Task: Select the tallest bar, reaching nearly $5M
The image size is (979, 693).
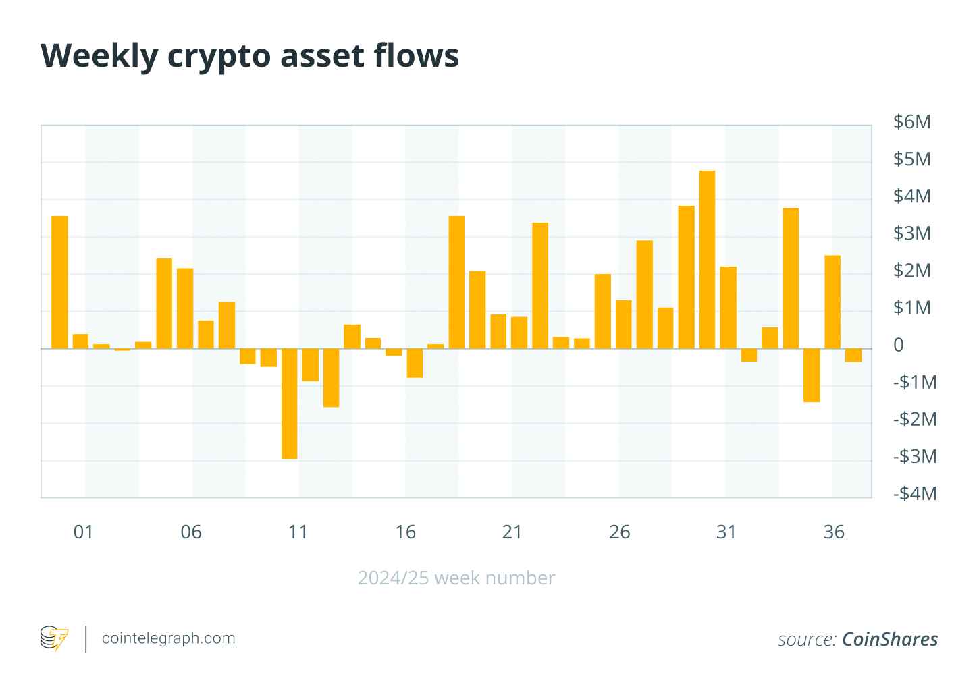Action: [707, 260]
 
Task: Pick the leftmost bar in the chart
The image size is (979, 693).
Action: [59, 282]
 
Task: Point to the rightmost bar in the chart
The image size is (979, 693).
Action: [853, 355]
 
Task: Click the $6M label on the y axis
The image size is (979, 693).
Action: [911, 122]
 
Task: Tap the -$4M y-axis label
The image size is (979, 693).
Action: [914, 494]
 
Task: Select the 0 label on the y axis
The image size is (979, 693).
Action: [898, 345]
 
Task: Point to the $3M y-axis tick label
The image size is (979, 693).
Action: [911, 233]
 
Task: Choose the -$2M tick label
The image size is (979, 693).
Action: [914, 420]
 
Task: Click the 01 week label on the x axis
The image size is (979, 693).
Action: [83, 532]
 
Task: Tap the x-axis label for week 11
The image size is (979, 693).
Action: [298, 532]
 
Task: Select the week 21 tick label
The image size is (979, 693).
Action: [512, 532]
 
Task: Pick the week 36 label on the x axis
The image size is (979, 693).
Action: [834, 532]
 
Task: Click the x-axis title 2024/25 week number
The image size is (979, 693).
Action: [456, 578]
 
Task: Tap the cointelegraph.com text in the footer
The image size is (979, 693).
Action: [168, 638]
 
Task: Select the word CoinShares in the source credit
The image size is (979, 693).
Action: [890, 639]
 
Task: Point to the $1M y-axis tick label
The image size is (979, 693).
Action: [911, 308]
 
